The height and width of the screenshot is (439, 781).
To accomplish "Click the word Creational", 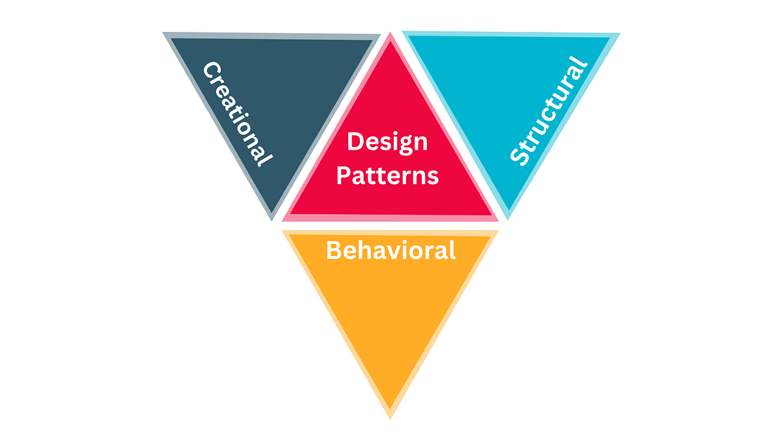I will pos(237,114).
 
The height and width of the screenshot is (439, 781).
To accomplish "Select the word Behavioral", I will pos(390,250).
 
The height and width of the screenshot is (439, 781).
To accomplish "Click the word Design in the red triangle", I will pos(387,141).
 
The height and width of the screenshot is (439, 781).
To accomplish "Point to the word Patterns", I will pos(387,175).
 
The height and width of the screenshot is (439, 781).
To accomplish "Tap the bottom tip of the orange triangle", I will pos(390,418).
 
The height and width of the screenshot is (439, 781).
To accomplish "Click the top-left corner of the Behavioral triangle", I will pos(282,231).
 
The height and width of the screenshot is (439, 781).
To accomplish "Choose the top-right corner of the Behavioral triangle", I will pos(499,231).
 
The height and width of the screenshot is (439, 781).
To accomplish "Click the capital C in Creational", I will pos(211,70).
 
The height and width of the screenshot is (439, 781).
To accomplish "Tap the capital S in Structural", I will pos(519,156).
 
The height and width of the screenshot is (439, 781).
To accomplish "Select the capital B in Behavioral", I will pos(334,250).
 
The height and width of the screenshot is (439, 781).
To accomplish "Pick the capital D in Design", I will pos(355,141).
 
